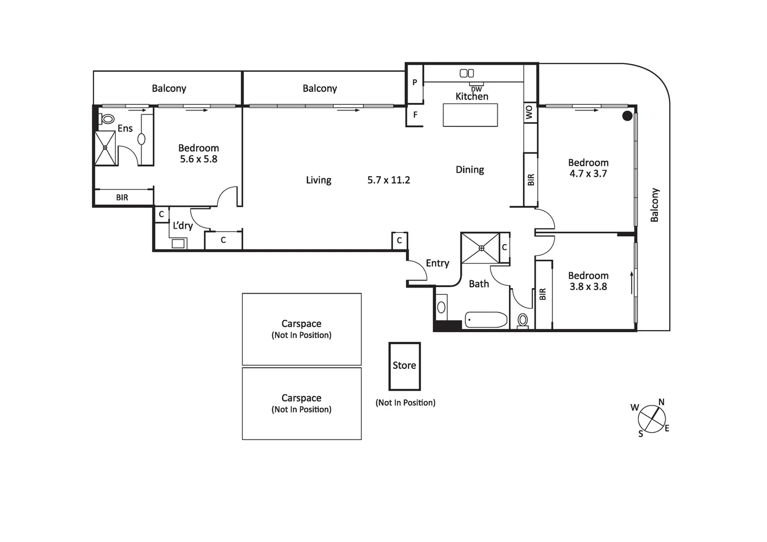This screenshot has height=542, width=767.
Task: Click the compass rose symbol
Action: coord(652,419)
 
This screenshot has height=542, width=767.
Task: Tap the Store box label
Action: coord(404,365)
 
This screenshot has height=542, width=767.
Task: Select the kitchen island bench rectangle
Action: coord(470,115)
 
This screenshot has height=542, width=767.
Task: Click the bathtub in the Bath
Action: coord(486,320)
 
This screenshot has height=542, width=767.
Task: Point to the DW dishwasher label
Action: coord(476,89)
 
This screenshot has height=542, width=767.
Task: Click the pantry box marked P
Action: coord(415,83)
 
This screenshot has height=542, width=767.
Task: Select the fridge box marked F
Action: coord(415,115)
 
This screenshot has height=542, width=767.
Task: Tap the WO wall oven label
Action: coord(529,112)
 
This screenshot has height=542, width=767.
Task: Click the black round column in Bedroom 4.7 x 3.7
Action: coord(627,116)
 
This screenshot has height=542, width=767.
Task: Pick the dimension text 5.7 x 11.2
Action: coord(389,180)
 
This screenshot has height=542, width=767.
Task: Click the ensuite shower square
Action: coord(105,148)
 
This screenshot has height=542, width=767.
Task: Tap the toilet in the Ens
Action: coord(107,119)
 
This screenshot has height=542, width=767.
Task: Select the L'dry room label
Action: coord(183,226)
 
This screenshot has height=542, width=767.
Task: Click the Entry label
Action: coord(437,263)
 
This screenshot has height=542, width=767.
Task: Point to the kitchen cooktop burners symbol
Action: coord(467,73)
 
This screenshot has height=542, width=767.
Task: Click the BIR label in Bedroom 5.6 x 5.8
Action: coord(122,198)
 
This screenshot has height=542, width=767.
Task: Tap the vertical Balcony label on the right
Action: coord(655,205)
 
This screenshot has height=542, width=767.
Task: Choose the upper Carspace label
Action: coord(301,324)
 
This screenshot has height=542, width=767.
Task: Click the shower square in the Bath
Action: coord(480,248)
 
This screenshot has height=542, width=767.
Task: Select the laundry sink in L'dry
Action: coord(178,244)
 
